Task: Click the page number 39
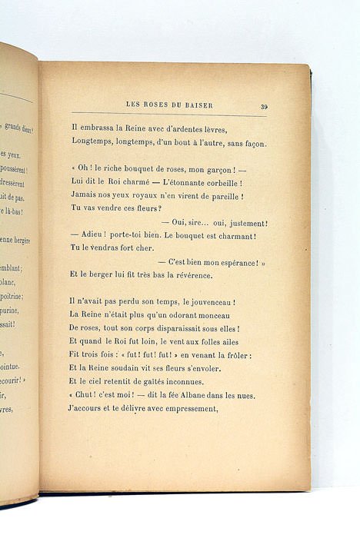pos(264,107)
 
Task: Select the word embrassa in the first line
pos(95,129)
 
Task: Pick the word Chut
pos(86,395)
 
